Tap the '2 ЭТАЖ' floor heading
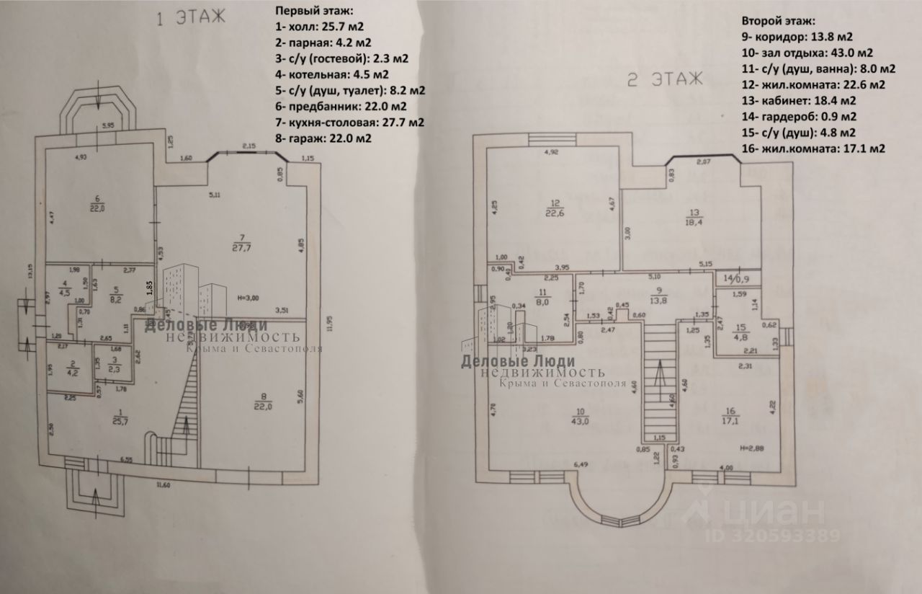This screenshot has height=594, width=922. (x=663, y=80)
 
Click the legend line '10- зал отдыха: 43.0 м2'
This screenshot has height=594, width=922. (x=807, y=53)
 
